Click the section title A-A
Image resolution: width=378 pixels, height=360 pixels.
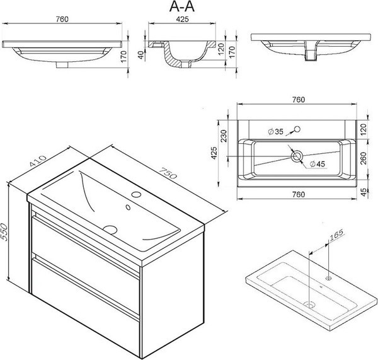coord(182,7)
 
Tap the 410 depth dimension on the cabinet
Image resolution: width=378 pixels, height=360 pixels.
coord(38,161)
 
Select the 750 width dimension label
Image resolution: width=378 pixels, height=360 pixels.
coord(168,173)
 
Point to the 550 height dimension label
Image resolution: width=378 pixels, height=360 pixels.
coord(4,232)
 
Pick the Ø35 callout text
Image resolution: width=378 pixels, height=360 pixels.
coord(275,132)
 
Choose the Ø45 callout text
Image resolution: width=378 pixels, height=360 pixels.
coord(317,164)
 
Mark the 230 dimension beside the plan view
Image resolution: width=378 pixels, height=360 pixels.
coord(224,136)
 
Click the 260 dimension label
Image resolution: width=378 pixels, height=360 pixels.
coord(364,158)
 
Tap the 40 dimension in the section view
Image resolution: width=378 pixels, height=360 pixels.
coord(141,55)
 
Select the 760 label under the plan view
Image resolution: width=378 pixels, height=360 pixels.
coord(299,194)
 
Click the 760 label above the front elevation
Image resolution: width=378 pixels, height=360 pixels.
coord(62,19)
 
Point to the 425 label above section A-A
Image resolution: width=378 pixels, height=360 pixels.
coord(182,19)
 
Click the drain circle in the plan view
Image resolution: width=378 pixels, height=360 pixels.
coord(296,156)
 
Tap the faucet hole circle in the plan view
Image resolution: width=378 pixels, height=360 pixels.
coord(297,129)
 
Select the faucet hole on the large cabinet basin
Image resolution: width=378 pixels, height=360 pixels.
coord(137,194)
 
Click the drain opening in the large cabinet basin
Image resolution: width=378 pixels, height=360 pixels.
coord(110,229)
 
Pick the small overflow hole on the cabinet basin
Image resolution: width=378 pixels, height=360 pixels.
coord(129,207)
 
